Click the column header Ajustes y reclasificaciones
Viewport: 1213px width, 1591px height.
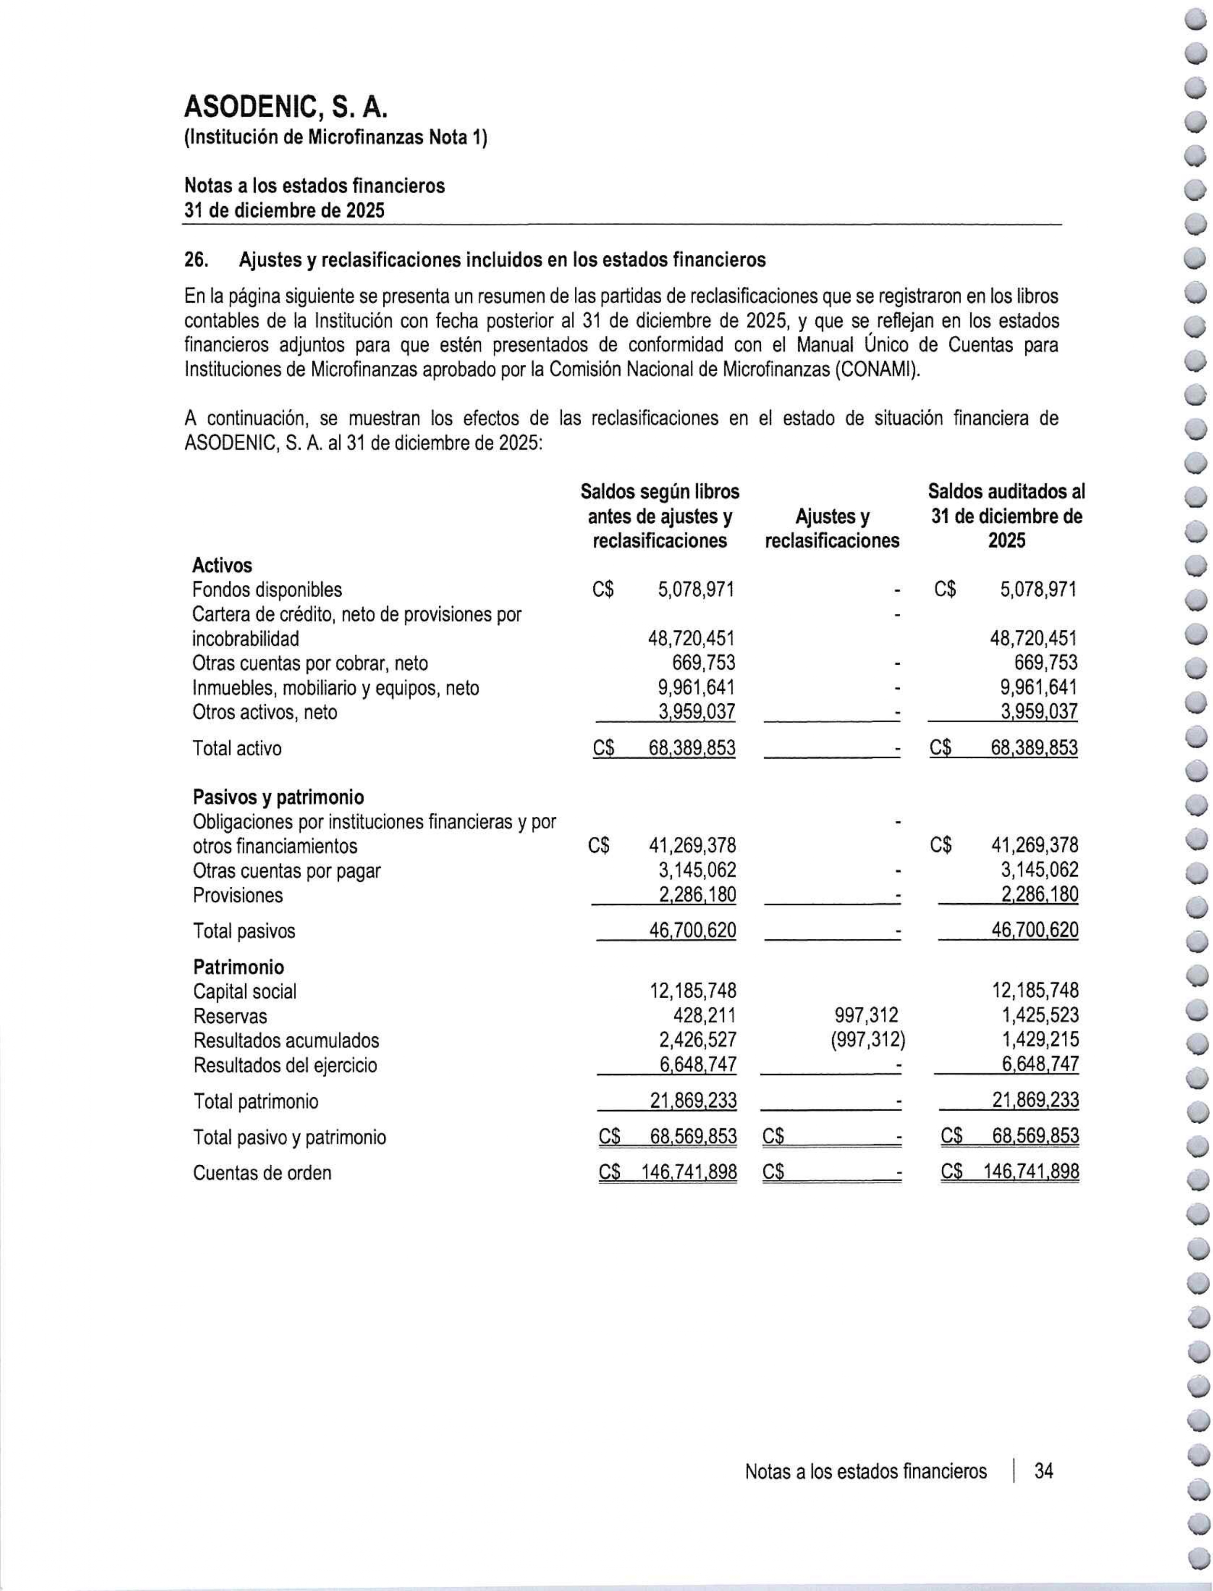(832, 529)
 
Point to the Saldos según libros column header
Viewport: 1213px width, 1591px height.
(660, 516)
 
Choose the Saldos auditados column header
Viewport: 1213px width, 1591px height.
(1006, 516)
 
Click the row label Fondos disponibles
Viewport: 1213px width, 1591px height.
(267, 590)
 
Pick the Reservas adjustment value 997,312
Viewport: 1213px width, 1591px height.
(866, 1016)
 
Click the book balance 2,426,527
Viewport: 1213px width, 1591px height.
(693, 1040)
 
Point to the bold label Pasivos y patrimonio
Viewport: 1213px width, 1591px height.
(278, 797)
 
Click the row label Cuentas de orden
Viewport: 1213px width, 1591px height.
(262, 1172)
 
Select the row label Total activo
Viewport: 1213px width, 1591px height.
(237, 749)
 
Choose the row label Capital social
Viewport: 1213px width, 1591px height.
(245, 992)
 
